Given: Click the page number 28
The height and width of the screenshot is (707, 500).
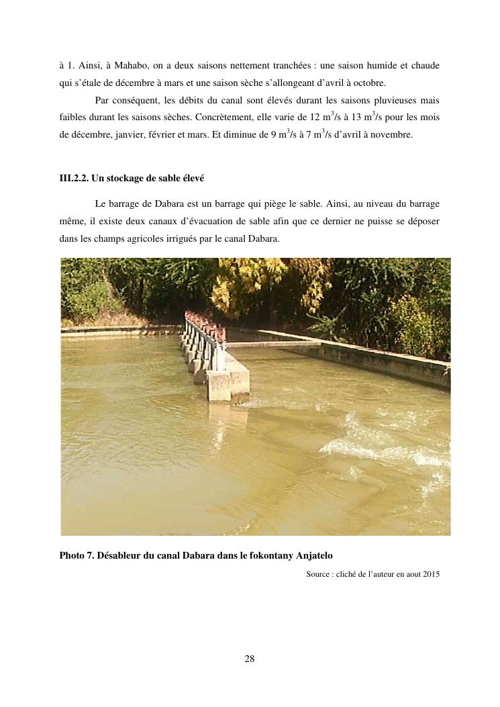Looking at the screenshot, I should [x=249, y=658].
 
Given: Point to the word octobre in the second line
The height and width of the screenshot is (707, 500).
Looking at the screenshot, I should [x=367, y=83].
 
